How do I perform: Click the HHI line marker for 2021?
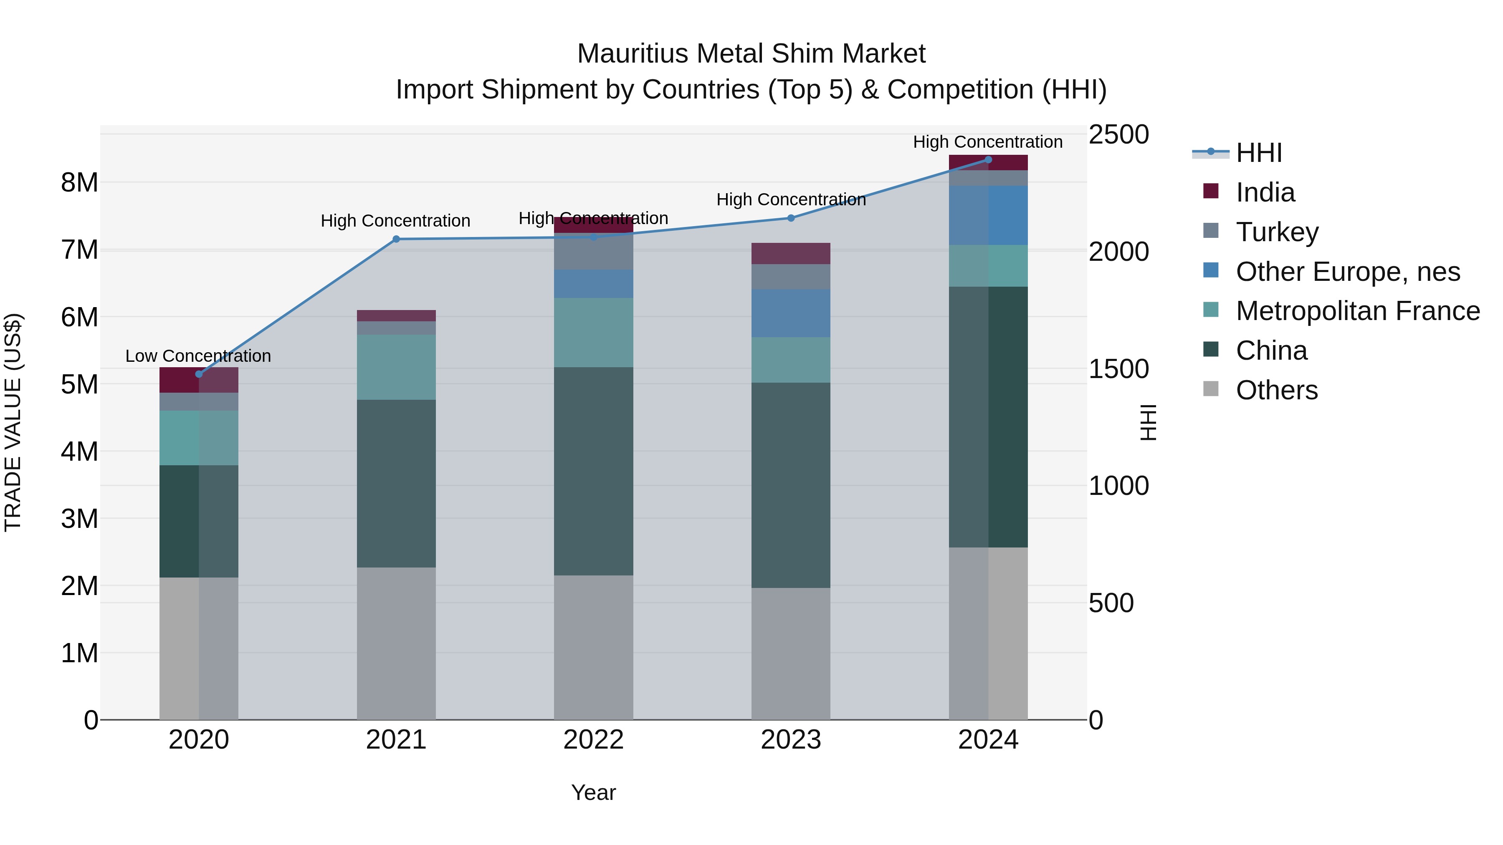coord(396,239)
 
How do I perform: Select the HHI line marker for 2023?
coord(791,218)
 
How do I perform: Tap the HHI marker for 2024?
coord(988,160)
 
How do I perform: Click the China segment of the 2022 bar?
coord(593,471)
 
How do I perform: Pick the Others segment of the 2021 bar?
coord(396,643)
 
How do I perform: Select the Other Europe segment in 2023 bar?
coord(791,313)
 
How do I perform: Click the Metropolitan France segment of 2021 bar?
coord(396,367)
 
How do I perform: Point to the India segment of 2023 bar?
coord(791,254)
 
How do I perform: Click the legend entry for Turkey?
coord(1277,232)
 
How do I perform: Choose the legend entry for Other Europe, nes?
coord(1347,272)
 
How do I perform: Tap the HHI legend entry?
coord(1258,153)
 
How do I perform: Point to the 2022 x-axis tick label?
coord(593,740)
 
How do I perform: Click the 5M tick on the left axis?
coord(79,384)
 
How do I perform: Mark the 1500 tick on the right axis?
coord(1118,369)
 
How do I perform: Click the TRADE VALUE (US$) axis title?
coord(13,422)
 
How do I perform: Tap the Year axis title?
coord(593,792)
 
